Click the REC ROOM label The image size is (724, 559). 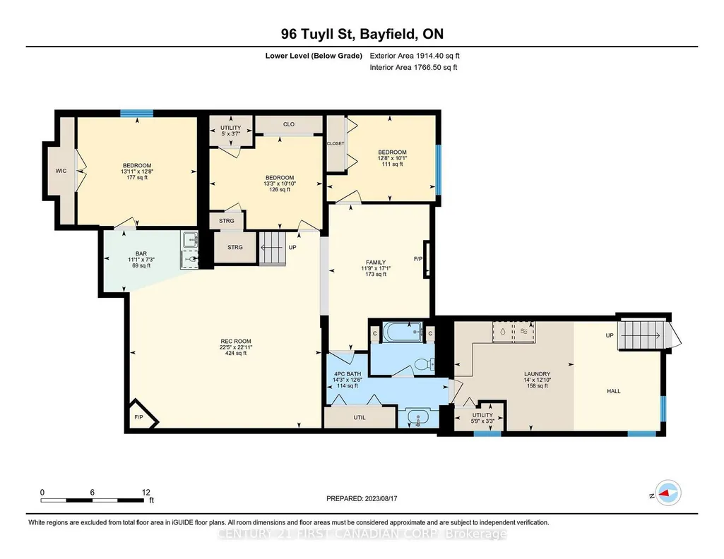point(235,342)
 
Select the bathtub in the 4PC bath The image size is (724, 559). point(403,332)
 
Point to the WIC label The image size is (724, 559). point(61,171)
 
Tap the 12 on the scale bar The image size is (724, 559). point(146,492)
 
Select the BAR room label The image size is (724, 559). point(141,253)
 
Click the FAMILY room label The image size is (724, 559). point(376,263)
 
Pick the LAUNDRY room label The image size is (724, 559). point(537,374)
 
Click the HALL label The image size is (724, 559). point(614,391)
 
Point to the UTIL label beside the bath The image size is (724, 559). point(360,417)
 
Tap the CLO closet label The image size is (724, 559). point(289,124)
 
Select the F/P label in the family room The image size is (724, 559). point(418,259)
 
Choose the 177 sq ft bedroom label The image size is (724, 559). point(137,172)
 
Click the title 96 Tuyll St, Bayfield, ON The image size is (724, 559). point(362,34)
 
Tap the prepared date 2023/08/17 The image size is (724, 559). point(381,498)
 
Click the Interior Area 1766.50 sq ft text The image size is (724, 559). point(413,67)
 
